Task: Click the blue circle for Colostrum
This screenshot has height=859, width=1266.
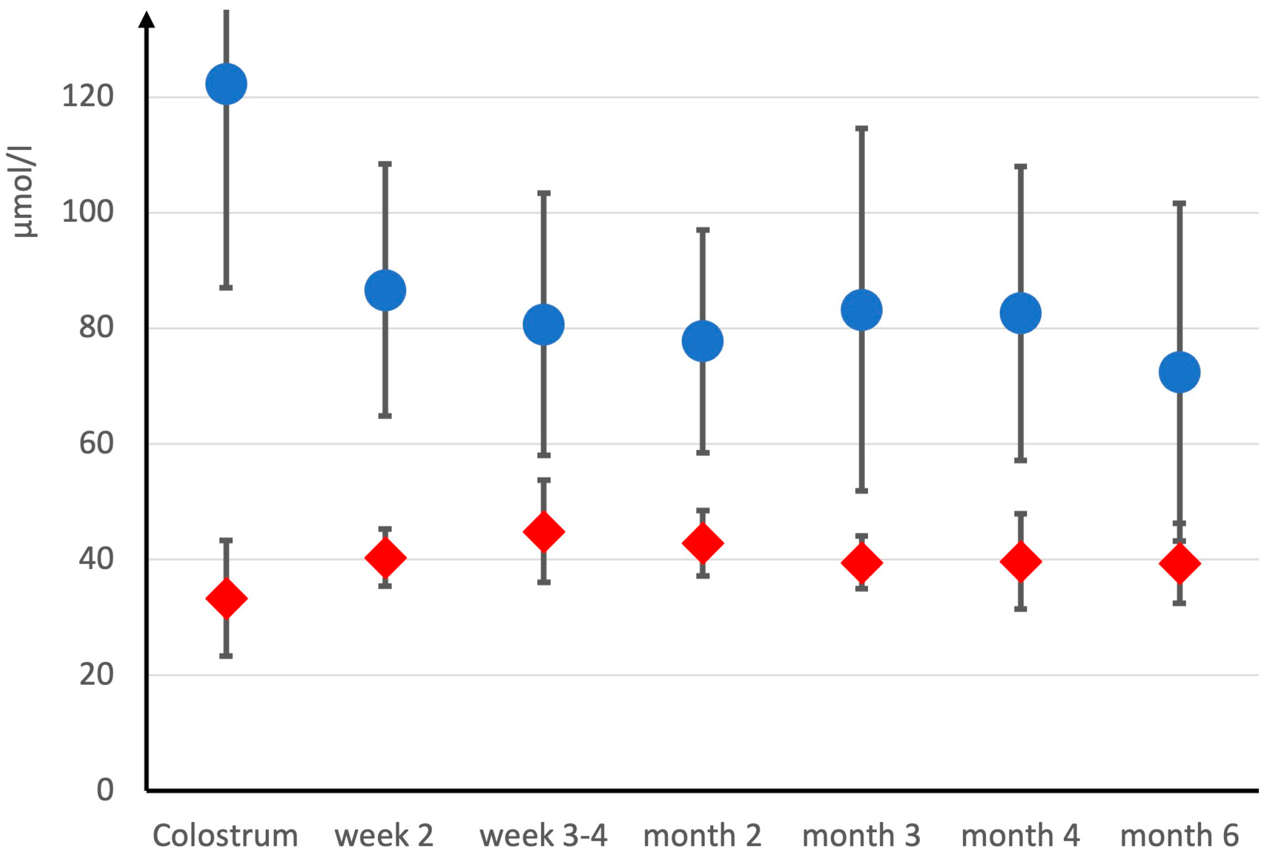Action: pyautogui.click(x=226, y=84)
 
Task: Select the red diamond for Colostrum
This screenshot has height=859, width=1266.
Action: pyautogui.click(x=226, y=598)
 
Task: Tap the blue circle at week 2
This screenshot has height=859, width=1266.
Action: pyautogui.click(x=385, y=290)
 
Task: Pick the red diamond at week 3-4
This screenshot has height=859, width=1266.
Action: pyautogui.click(x=544, y=531)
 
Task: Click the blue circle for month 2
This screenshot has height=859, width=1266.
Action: pyautogui.click(x=703, y=341)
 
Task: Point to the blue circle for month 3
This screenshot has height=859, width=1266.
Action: pyautogui.click(x=862, y=310)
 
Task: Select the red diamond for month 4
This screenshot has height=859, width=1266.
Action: pyautogui.click(x=1021, y=561)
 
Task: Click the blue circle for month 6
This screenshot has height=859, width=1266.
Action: pyautogui.click(x=1179, y=372)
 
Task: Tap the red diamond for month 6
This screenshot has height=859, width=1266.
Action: pyautogui.click(x=1179, y=563)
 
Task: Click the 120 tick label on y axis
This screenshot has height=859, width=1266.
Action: pyautogui.click(x=88, y=96)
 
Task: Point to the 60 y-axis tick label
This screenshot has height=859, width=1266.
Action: pyautogui.click(x=97, y=444)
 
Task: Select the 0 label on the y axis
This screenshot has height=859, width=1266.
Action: pyautogui.click(x=105, y=790)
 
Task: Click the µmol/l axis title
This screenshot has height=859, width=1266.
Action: pyautogui.click(x=22, y=192)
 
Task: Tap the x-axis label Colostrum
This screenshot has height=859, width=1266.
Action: pyautogui.click(x=225, y=836)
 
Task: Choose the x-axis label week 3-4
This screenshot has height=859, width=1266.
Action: pyautogui.click(x=543, y=836)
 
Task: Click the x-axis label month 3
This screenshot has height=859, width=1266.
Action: pyautogui.click(x=861, y=836)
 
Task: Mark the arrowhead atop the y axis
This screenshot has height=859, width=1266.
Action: pyautogui.click(x=146, y=20)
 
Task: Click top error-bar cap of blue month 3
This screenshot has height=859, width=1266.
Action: pyautogui.click(x=862, y=129)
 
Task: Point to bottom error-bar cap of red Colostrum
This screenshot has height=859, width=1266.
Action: pyautogui.click(x=226, y=656)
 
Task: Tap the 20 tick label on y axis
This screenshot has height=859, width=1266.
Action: pyautogui.click(x=97, y=674)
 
